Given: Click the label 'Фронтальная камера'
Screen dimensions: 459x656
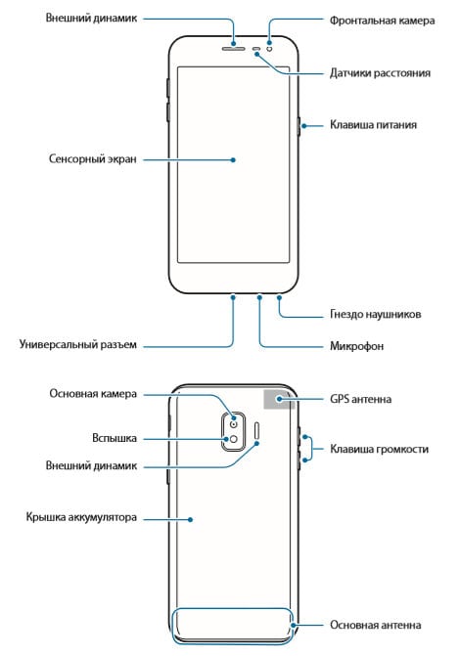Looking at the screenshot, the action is [382, 21].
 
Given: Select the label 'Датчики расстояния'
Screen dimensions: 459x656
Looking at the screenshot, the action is [380, 72].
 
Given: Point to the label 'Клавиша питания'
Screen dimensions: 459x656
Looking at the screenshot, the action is [373, 125].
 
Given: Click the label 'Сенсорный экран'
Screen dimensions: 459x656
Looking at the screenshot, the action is [93, 159].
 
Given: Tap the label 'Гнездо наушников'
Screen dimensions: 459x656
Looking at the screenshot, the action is [375, 314].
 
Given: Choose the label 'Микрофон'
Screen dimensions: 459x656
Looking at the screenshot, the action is [357, 346].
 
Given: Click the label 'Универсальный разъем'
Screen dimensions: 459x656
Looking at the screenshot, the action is [78, 344].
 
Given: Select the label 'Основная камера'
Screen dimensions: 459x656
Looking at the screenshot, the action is [93, 394].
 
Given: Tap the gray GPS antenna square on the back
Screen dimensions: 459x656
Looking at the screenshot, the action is [279, 399].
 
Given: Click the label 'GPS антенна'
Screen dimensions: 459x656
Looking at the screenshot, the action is [360, 399].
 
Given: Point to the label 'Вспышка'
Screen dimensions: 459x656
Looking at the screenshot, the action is [115, 438].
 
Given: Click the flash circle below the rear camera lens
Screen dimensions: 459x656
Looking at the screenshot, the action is [233, 439].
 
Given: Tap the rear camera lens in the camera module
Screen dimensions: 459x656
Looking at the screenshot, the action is [234, 423].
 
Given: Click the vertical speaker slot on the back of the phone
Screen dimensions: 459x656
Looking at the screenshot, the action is [257, 434].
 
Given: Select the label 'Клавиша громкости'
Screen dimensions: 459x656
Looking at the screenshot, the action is [379, 449].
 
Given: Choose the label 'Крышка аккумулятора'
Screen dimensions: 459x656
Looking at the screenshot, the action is [81, 517].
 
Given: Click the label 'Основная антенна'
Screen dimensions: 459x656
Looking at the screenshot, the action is [375, 625].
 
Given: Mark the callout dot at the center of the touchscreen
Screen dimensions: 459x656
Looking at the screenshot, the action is [233, 159].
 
